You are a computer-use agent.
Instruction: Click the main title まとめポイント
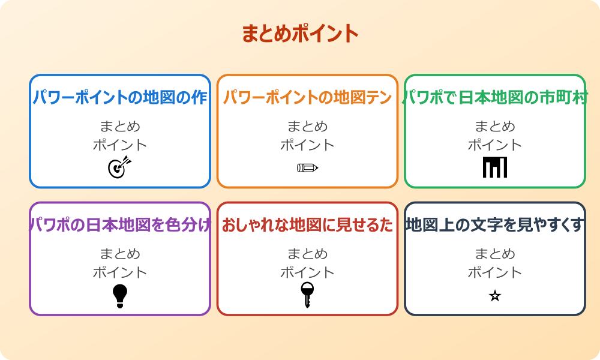[300, 34]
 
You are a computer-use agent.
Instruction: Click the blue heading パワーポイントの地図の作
[120, 97]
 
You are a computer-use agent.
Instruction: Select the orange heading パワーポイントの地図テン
[307, 97]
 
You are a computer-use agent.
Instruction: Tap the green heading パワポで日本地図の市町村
[495, 97]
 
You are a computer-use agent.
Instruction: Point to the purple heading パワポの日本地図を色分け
[120, 225]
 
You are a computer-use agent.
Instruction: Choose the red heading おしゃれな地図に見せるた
[307, 225]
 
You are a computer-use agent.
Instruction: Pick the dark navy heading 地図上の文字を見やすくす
[495, 225]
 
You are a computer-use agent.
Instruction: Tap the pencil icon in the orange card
[307, 167]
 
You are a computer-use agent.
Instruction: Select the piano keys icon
[495, 167]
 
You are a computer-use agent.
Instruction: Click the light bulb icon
[120, 296]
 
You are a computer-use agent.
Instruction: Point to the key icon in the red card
[307, 295]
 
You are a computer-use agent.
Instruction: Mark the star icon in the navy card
[495, 296]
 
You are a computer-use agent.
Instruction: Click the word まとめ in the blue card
[120, 127]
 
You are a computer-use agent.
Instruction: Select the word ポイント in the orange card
[307, 145]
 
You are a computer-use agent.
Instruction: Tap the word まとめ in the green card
[495, 127]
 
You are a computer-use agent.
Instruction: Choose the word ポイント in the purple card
[120, 272]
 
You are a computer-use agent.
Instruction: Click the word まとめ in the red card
[307, 254]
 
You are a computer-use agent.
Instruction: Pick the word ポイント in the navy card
[495, 272]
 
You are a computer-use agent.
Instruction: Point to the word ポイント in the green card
[495, 145]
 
